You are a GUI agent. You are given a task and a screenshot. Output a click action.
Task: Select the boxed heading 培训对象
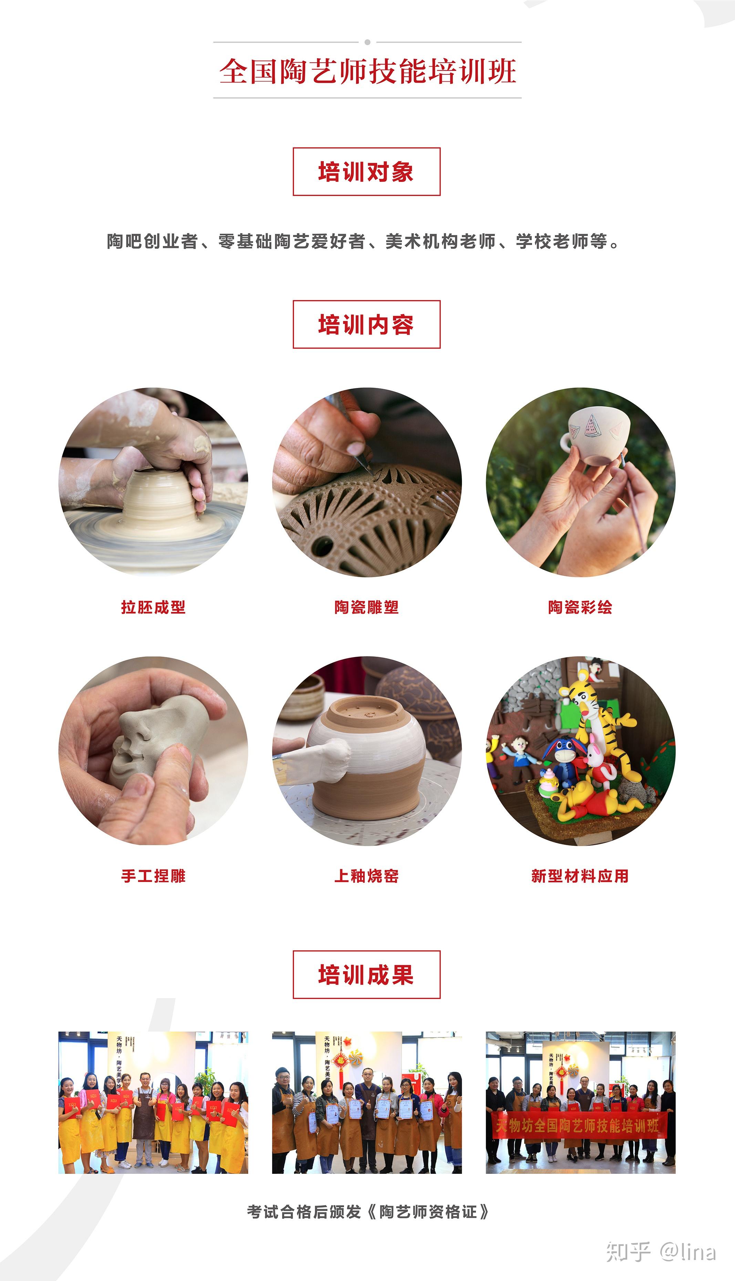point(366,172)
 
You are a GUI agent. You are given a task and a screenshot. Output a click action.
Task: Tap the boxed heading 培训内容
point(366,324)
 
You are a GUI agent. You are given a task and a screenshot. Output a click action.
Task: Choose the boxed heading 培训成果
point(366,974)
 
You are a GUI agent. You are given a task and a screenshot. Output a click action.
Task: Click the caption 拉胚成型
point(154,607)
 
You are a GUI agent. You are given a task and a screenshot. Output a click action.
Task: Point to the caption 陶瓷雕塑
point(366,607)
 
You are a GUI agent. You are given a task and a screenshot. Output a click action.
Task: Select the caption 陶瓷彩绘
point(580,607)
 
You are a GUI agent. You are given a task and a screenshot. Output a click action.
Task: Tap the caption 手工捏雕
point(154,875)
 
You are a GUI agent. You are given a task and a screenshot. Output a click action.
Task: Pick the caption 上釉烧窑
point(366,875)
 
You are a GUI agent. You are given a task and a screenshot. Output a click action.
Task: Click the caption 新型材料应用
point(580,875)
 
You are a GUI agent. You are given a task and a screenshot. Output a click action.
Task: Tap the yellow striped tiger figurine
point(601,717)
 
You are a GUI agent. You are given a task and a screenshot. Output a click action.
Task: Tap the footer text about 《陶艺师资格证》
point(367,1211)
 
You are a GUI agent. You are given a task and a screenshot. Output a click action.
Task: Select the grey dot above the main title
point(367,42)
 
